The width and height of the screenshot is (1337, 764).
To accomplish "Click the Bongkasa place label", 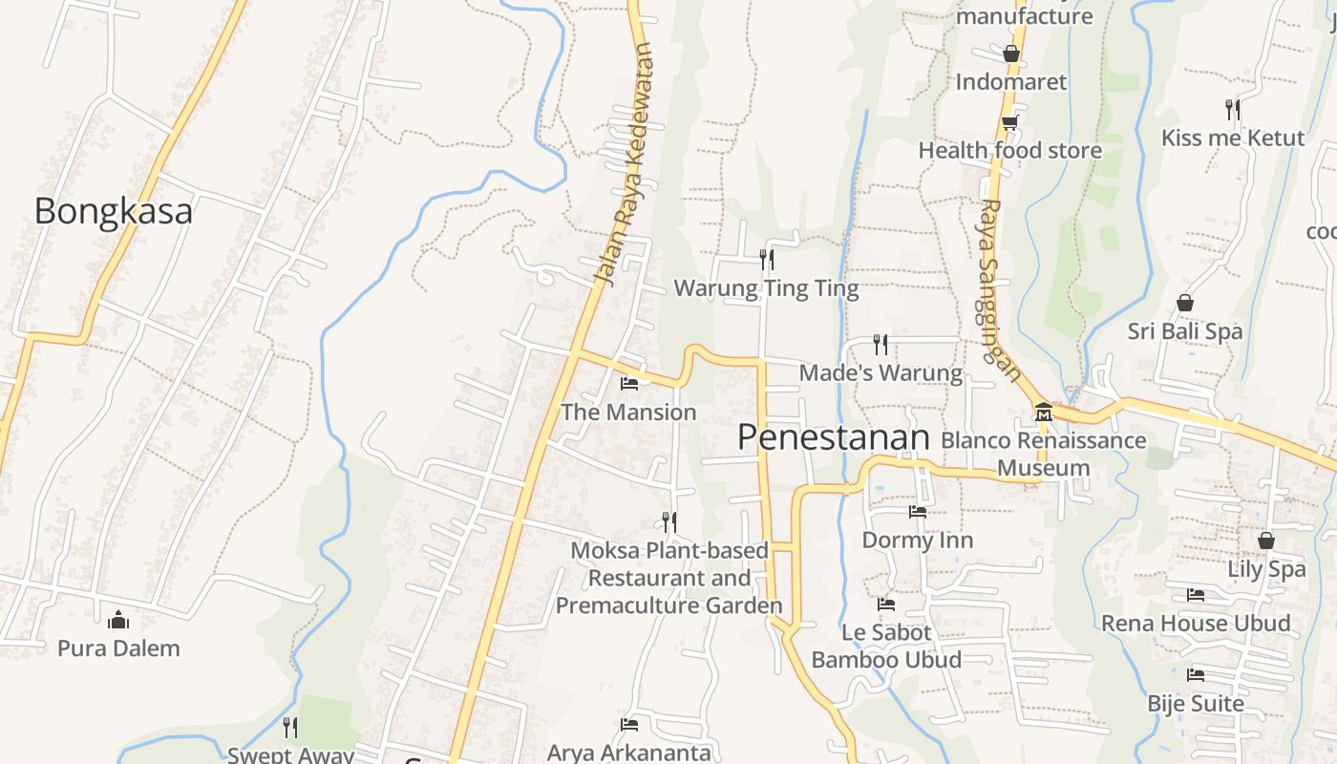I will tap(113, 211).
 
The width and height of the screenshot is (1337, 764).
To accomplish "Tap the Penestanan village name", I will tap(833, 437).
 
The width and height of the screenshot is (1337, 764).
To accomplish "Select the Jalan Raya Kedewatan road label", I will tap(626, 164).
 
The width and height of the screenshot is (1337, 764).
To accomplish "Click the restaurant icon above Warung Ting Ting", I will tap(766, 259).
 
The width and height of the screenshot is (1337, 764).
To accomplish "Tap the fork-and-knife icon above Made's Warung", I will tap(881, 344).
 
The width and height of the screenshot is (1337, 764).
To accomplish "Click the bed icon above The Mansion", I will tap(628, 384).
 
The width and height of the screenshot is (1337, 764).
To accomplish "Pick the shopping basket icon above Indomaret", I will tap(1011, 53).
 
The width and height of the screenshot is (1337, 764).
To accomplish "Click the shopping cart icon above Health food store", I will tap(1009, 122).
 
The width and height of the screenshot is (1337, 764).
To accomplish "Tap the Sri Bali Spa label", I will tap(1184, 331).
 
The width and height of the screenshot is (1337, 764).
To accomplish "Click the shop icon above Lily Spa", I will tap(1266, 541).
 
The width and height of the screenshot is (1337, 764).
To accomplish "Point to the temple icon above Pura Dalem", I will tap(118, 620).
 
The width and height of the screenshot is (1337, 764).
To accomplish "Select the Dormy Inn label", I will tap(917, 541).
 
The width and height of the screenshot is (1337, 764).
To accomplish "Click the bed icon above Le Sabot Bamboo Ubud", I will tap(886, 605).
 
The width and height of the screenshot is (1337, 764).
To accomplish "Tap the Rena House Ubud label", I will tap(1196, 624).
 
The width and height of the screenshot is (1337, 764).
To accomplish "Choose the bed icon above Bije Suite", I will tap(1196, 675).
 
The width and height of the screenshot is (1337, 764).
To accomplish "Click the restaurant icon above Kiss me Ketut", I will tap(1233, 110).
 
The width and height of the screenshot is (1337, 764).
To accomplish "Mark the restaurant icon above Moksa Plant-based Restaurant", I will tap(669, 521).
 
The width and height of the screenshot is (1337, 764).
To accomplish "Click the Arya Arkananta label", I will tap(628, 753).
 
